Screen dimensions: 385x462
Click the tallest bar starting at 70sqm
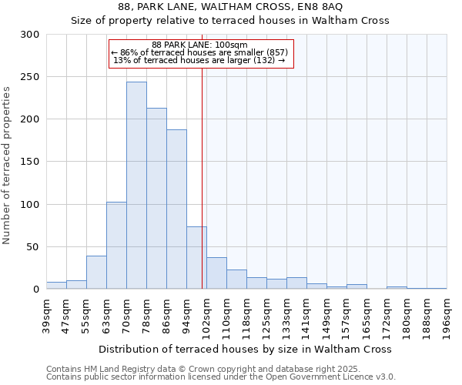(136, 186)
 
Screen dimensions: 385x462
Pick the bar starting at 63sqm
(116, 246)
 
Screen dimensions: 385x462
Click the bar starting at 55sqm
(96, 273)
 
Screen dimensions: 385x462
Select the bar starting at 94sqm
(196, 258)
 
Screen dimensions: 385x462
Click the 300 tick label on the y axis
(30, 35)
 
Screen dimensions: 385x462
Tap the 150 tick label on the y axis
(30, 162)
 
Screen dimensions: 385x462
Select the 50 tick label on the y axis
(33, 247)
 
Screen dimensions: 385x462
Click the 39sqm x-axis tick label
(47, 316)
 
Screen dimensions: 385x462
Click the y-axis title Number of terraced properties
(7, 166)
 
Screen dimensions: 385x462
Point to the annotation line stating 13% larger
(200, 60)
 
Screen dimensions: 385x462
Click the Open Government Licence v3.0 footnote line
(221, 377)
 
